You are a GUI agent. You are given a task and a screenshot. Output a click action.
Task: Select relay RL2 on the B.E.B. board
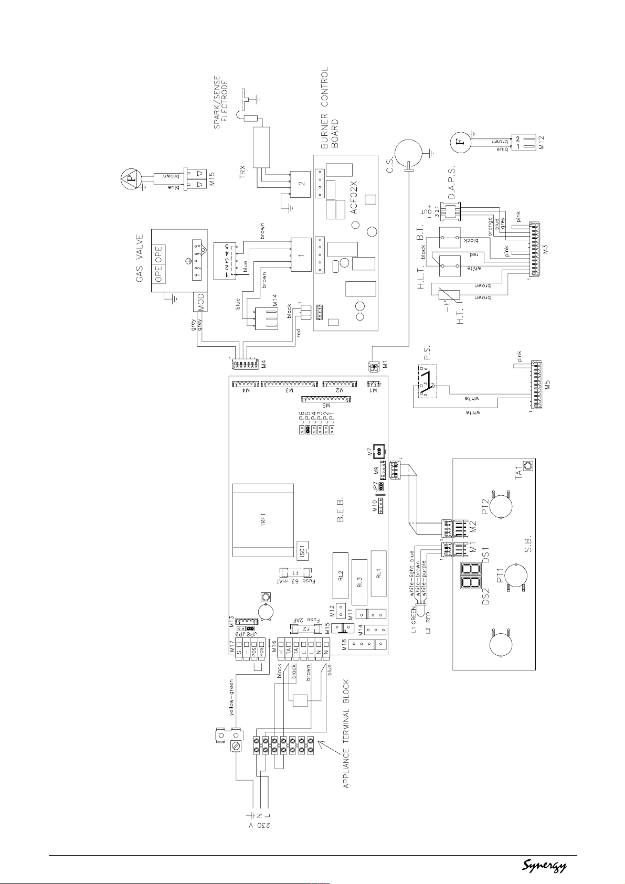click(340, 575)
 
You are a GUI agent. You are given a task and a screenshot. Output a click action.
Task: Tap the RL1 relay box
click(378, 573)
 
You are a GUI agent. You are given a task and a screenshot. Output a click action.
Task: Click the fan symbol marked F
click(460, 142)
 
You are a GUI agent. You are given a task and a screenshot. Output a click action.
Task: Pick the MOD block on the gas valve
click(200, 301)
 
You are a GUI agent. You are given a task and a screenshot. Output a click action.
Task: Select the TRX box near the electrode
click(259, 147)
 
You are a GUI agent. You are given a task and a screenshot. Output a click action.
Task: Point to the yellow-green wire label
click(231, 698)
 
